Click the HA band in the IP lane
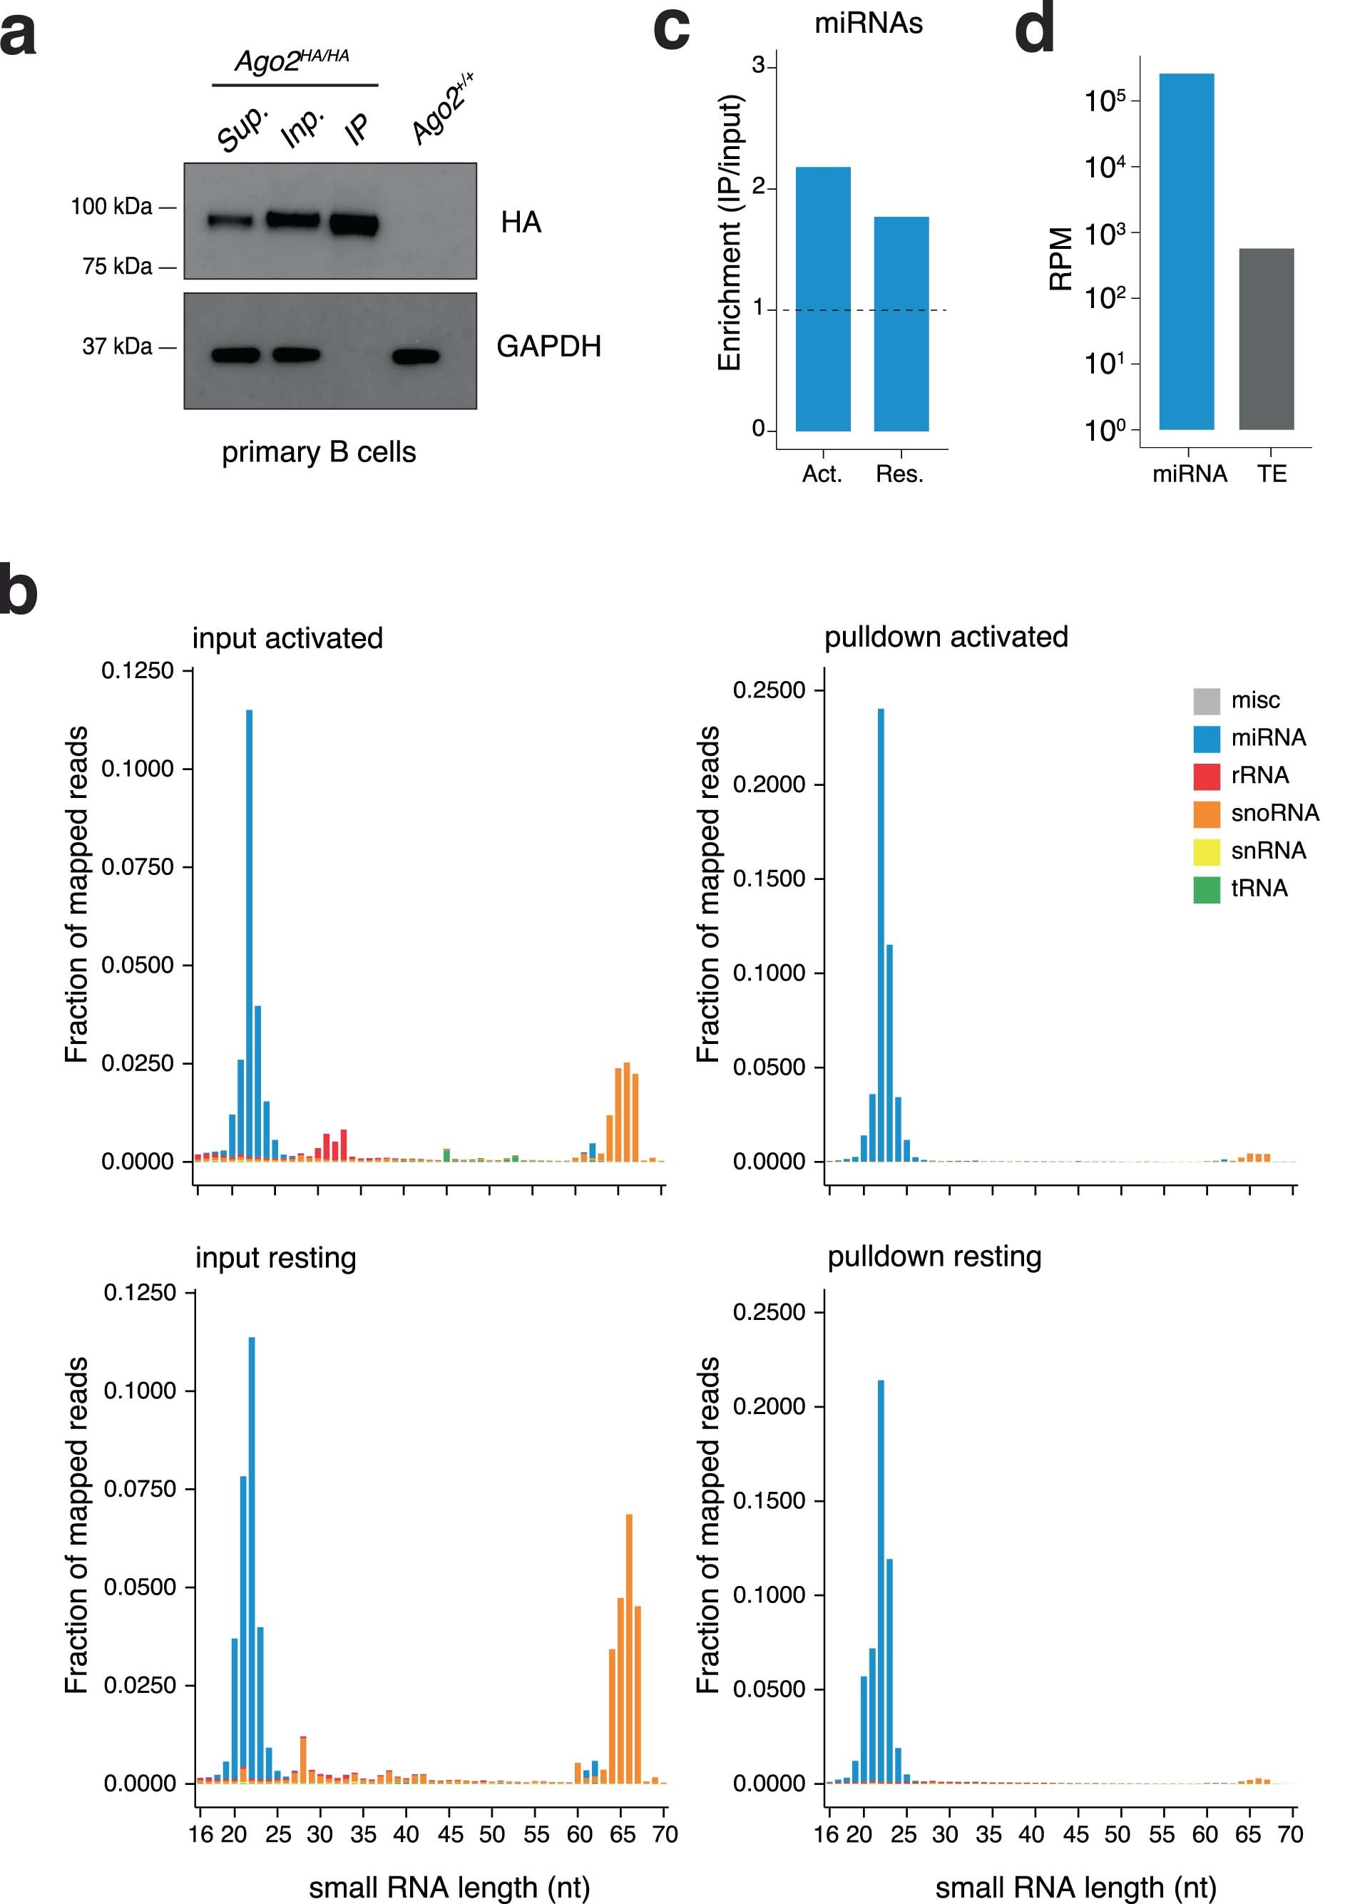354,225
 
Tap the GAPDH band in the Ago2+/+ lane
416,357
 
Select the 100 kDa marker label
111,206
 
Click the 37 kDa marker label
117,346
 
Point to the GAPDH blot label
548,346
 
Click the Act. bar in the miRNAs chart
822,299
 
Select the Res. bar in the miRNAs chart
901,324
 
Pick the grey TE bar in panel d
1266,339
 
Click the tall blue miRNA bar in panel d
1186,251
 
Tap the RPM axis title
1061,259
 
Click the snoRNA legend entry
1256,812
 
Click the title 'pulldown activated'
946,638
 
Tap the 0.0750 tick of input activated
138,866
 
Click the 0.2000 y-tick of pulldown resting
769,1406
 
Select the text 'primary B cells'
318,452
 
